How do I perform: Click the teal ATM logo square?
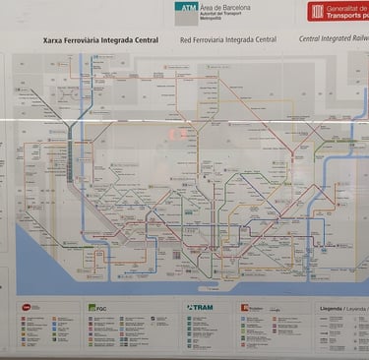pyautogui.click(x=186, y=12)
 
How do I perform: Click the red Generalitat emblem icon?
pyautogui.click(x=317, y=11)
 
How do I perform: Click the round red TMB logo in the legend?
pyautogui.click(x=26, y=307)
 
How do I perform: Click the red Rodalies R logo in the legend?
pyautogui.click(x=245, y=307)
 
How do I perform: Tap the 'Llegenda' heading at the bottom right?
pyautogui.click(x=332, y=307)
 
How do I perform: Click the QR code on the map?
pyautogui.click(x=177, y=254)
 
